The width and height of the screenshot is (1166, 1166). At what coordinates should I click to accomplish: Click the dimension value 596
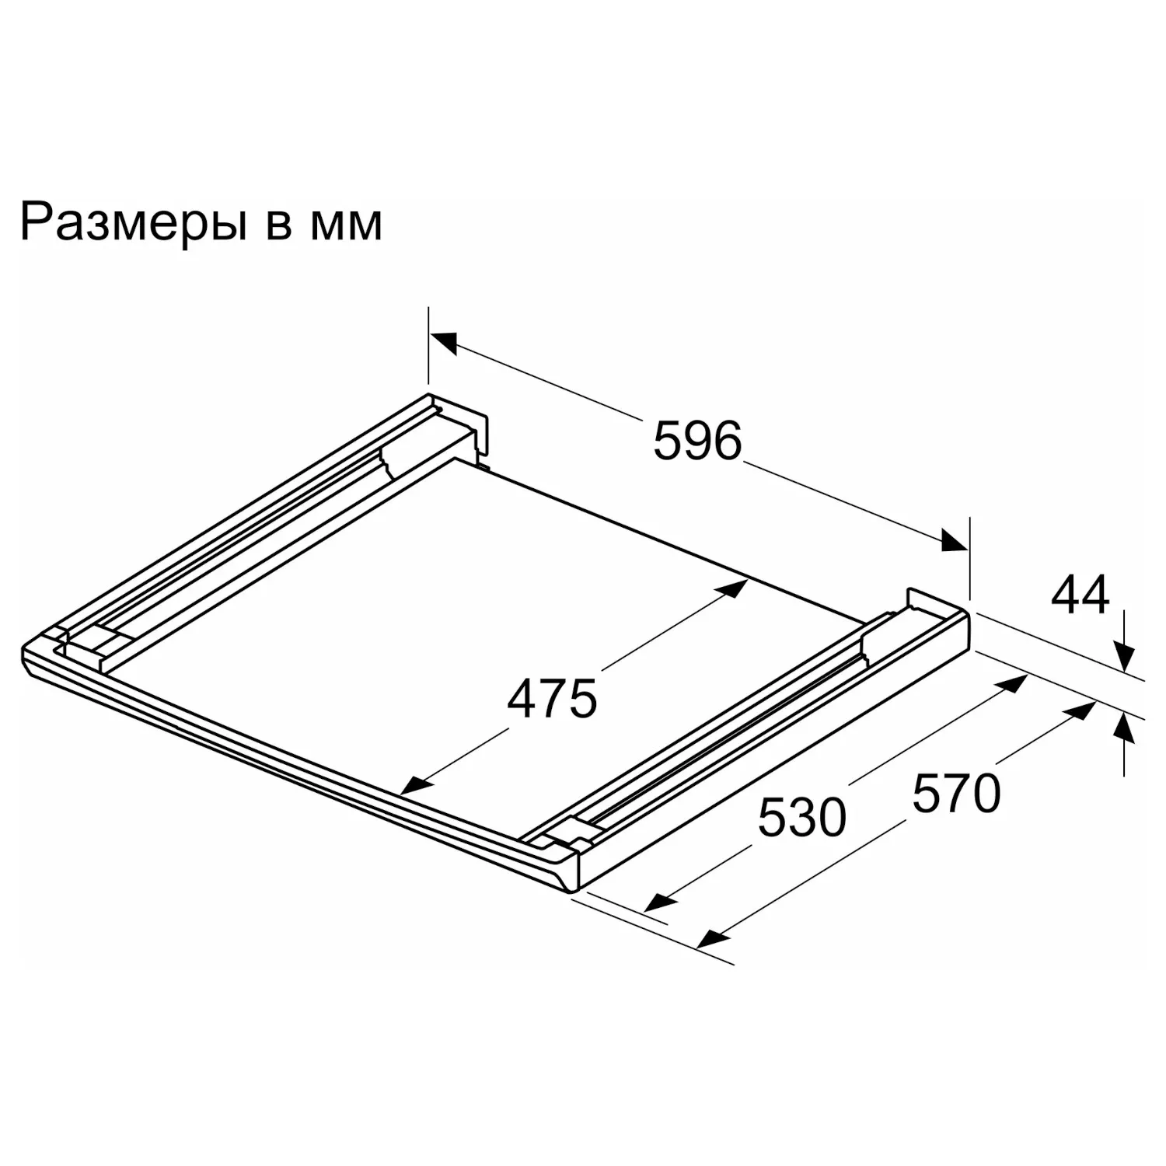click(x=697, y=441)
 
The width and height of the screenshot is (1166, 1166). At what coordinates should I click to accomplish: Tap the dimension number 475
click(x=552, y=699)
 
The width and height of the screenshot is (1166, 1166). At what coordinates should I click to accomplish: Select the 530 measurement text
click(x=801, y=818)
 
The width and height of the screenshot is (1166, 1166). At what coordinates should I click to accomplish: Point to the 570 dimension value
click(x=956, y=794)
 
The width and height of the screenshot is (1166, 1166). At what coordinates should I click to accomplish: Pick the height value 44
click(x=1080, y=596)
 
